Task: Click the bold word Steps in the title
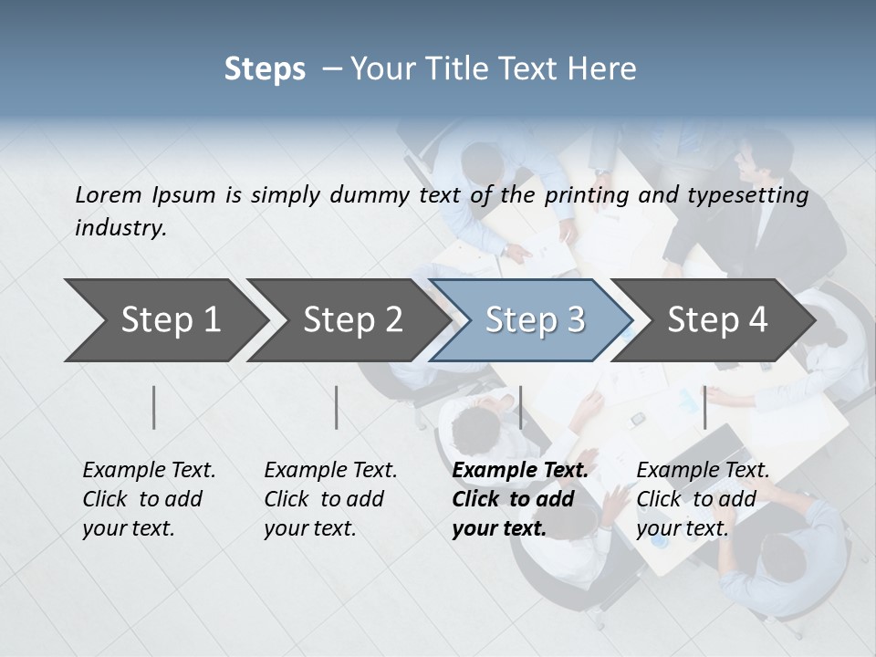(265, 68)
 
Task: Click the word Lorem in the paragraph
(109, 194)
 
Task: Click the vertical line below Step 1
(154, 407)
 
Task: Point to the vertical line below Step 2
(337, 407)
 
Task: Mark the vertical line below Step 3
(521, 407)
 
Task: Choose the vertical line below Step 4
(704, 407)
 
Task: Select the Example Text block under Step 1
(149, 499)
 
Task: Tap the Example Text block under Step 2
(330, 499)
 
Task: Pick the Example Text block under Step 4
(703, 499)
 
